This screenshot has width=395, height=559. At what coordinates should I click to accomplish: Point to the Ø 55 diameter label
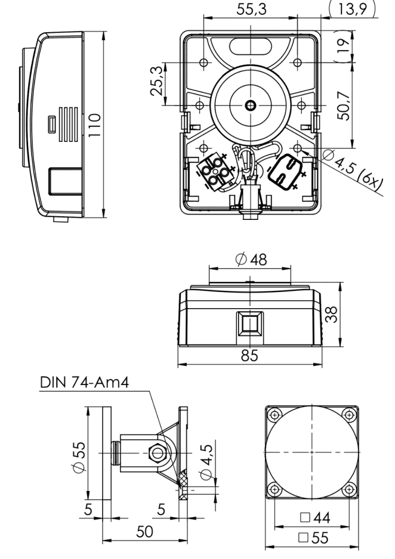pos(72,454)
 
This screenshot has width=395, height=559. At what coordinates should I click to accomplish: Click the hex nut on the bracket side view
pos(158,453)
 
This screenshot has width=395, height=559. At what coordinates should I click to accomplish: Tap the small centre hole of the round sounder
pos(249,105)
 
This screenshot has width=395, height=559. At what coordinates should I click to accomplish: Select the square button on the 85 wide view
pos(249,324)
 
